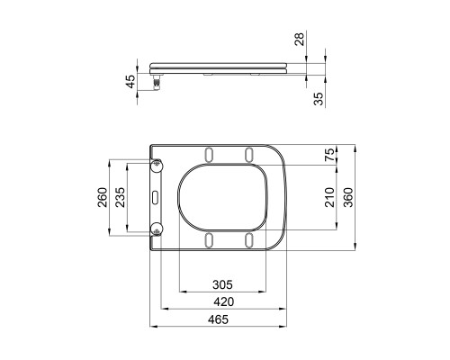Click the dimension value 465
point(218,319)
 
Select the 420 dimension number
point(224,301)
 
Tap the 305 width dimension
point(222,284)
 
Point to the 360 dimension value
point(348,197)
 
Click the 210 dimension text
point(329,197)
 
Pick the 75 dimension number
point(329,155)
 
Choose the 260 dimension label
point(103,197)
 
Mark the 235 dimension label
point(121,197)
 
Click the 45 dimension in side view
point(130,82)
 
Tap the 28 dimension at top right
point(299,39)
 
